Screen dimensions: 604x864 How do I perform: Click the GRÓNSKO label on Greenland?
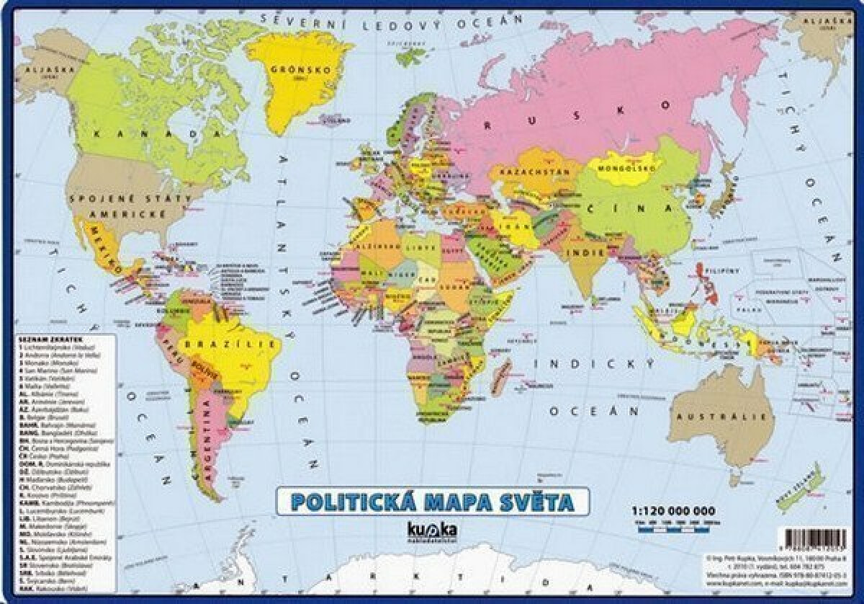click(x=299, y=71)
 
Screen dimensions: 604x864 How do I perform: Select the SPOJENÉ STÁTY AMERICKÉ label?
click(x=129, y=206)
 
